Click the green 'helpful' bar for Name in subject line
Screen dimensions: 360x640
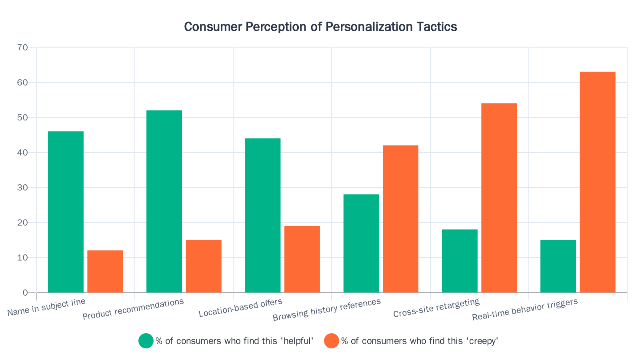(x=66, y=212)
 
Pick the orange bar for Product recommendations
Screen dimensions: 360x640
(x=204, y=266)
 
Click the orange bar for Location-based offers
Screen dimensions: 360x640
(x=302, y=259)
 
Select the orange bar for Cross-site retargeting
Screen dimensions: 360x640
(x=499, y=198)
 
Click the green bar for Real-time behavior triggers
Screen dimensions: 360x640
(x=558, y=266)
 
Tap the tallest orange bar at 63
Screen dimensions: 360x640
(x=598, y=182)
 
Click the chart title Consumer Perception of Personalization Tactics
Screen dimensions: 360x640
(x=320, y=27)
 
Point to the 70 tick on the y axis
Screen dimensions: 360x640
(x=23, y=48)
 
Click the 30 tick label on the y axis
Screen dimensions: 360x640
(x=23, y=188)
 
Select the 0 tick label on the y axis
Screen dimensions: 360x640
(x=25, y=292)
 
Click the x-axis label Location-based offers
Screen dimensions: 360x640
(x=240, y=308)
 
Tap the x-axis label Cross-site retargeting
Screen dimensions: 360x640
(x=436, y=308)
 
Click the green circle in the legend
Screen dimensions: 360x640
(x=146, y=341)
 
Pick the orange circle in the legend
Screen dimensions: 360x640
(x=332, y=341)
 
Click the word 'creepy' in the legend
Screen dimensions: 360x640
(x=484, y=341)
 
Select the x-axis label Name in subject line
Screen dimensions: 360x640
(x=46, y=308)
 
